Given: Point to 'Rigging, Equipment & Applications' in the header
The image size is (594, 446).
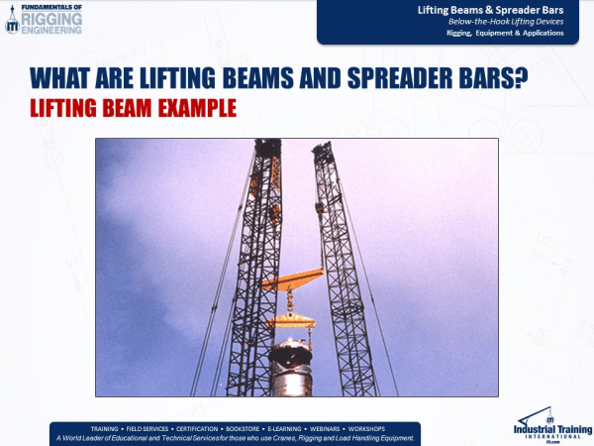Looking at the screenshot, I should (x=504, y=33).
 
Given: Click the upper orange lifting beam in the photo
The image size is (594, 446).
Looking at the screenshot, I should (x=293, y=280).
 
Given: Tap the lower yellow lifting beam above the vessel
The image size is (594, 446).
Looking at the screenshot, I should (x=287, y=319).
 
